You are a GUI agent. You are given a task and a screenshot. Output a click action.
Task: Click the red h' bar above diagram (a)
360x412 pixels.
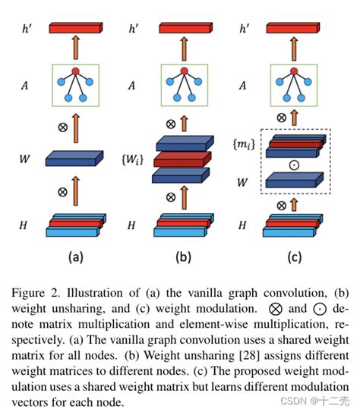coord(74,29)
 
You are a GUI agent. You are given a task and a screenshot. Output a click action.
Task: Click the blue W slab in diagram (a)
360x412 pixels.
coord(74,159)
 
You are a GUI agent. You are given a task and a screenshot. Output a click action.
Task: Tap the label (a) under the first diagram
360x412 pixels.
coord(76,256)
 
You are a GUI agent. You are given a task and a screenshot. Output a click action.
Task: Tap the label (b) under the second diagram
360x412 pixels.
coord(183,256)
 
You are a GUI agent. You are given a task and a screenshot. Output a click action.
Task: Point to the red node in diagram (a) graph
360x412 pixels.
coord(74,72)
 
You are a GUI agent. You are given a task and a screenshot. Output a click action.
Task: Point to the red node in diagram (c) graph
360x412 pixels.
coord(293,72)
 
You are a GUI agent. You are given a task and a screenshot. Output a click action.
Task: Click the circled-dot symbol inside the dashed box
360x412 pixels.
coord(294,164)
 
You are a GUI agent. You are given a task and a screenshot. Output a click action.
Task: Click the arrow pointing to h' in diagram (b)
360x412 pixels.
coord(183,48)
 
